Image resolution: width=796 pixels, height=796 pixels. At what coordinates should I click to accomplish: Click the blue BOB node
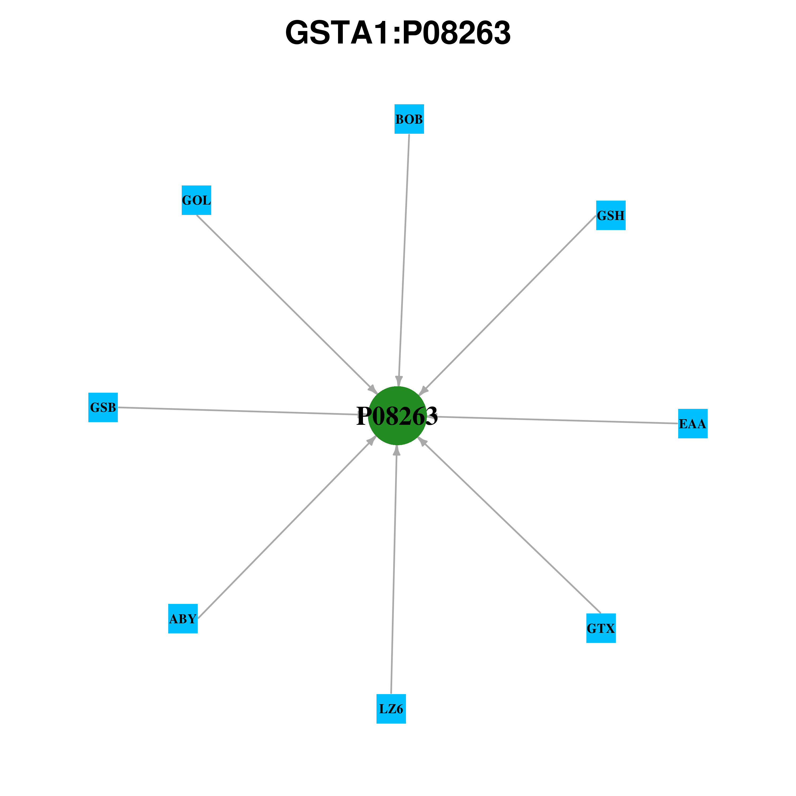pyautogui.click(x=409, y=119)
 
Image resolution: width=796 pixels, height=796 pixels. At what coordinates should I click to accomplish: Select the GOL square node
pyautogui.click(x=197, y=200)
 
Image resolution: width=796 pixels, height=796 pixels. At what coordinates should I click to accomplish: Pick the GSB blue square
pyautogui.click(x=103, y=408)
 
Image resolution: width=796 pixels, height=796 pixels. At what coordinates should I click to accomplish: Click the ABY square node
pyautogui.click(x=183, y=618)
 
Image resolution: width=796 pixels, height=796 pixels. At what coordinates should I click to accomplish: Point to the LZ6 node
pyautogui.click(x=391, y=709)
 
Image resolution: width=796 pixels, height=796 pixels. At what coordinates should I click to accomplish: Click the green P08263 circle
pyautogui.click(x=397, y=416)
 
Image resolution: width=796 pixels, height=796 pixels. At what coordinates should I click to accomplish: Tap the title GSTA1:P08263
pyautogui.click(x=398, y=33)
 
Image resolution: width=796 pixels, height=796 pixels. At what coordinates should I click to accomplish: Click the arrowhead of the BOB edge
pyautogui.click(x=399, y=381)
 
